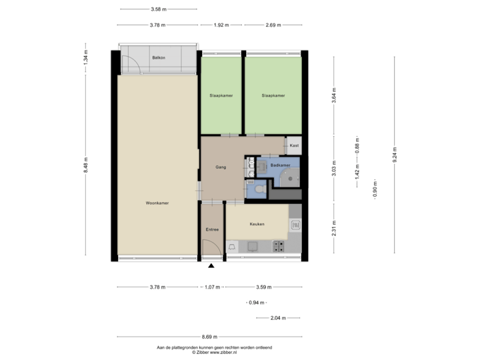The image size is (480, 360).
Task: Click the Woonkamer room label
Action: (157, 203)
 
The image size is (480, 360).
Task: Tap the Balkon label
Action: (158, 58)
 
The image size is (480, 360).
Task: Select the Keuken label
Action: (257, 224)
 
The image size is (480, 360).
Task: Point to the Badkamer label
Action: (280, 165)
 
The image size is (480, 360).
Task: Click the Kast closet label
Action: (293, 145)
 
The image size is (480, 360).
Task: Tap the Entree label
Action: (212, 229)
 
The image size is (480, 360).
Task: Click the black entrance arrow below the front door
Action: (212, 267)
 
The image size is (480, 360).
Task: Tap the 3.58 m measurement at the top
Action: (159, 9)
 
